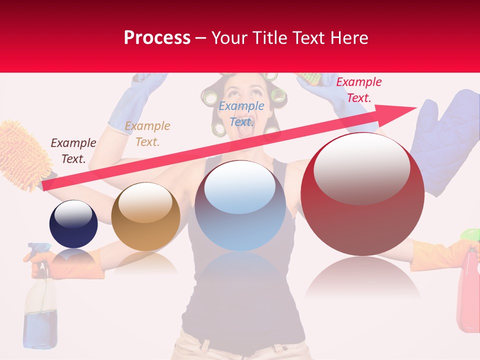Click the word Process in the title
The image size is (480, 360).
157,38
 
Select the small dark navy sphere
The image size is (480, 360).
73,224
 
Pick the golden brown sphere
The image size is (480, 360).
145,216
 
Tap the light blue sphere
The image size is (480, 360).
240,205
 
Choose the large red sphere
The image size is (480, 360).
362,194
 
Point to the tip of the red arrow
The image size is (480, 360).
415,107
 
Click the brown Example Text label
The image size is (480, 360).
73,151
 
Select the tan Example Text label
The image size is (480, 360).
147,134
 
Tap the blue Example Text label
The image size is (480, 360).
241,113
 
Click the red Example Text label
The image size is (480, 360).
358,90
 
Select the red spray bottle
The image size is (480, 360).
468,290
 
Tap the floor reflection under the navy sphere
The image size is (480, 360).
73,260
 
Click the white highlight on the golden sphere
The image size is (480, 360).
145,202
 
